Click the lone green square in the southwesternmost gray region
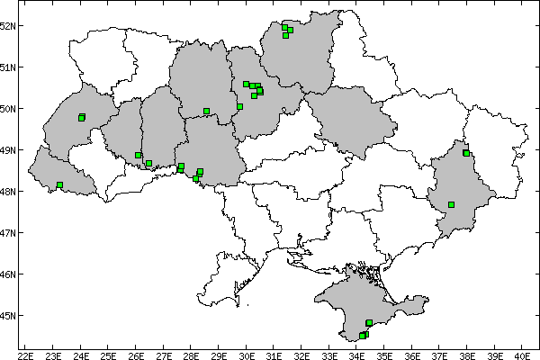tap(59, 185)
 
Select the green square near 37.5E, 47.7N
tap(451, 204)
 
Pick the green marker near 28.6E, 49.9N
tap(206, 112)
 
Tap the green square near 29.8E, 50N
tap(239, 106)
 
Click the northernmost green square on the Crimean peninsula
tap(369, 322)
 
